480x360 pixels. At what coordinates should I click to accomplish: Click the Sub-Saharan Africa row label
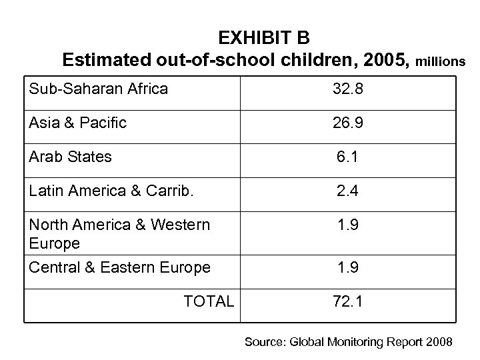pos(98,88)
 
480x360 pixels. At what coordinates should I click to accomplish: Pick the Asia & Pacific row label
pos(78,123)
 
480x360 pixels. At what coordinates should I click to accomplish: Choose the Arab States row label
pos(70,157)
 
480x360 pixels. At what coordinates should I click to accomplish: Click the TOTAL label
pos(209,301)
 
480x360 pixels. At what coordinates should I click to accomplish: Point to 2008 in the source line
pos(438,342)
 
